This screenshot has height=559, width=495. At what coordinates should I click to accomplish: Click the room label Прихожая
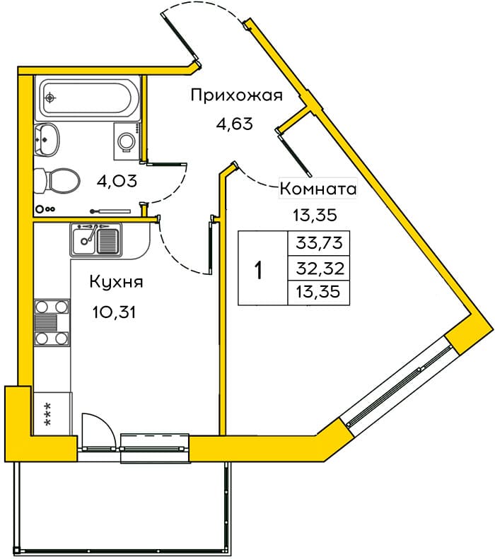[236, 96]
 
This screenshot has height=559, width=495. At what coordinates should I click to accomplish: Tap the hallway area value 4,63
[234, 124]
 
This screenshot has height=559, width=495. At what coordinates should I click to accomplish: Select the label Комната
[318, 189]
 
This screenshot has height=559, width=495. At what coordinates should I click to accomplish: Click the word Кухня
[116, 282]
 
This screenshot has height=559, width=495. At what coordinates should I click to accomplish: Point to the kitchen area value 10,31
[114, 312]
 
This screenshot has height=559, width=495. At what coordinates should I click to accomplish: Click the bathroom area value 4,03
[117, 181]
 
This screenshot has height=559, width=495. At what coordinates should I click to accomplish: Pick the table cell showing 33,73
[319, 244]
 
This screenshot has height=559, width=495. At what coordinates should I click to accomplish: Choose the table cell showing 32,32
[319, 268]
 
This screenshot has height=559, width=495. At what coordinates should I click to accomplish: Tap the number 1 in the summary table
[259, 270]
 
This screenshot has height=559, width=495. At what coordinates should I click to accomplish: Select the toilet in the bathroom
[57, 180]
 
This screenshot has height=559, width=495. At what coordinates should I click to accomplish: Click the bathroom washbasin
[47, 139]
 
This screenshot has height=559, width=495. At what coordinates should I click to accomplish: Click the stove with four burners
[52, 322]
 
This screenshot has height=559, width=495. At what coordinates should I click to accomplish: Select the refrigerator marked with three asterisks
[52, 413]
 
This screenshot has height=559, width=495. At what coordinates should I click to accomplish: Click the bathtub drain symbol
[50, 97]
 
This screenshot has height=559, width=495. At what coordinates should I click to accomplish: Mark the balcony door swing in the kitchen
[99, 430]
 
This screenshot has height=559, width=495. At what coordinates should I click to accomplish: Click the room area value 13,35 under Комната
[315, 215]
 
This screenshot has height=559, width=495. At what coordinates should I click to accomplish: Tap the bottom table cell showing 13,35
[319, 293]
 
